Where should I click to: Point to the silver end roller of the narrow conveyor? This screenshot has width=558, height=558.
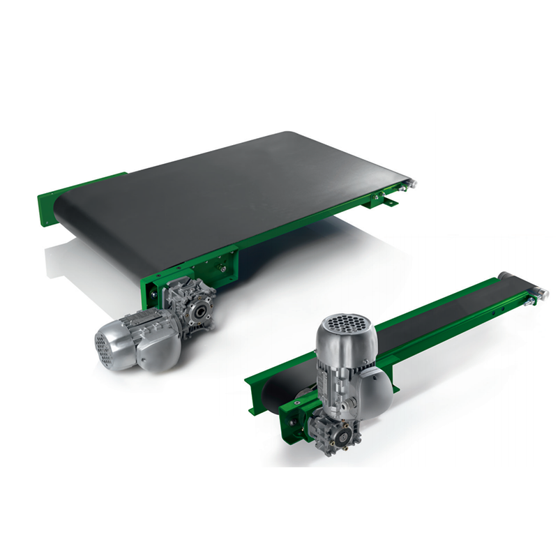click(x=537, y=292)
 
